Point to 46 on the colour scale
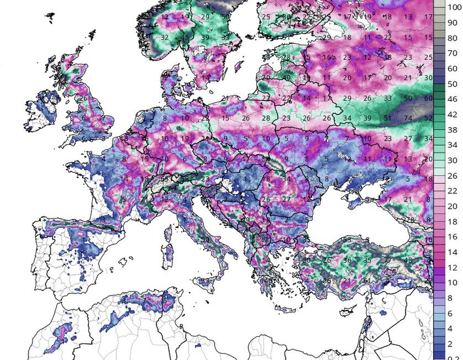(x=453, y=100)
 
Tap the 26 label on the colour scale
(x=453, y=176)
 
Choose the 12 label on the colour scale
(x=453, y=267)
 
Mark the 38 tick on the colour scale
(x=453, y=131)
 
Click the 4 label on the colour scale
(x=453, y=328)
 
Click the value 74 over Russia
(x=408, y=118)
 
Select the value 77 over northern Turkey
(x=387, y=260)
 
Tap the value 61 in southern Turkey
(x=367, y=280)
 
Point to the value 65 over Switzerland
(x=164, y=179)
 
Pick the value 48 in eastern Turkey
(x=408, y=260)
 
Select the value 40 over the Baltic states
(x=287, y=78)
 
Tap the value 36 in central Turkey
(x=347, y=260)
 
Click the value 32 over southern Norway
(x=165, y=38)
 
